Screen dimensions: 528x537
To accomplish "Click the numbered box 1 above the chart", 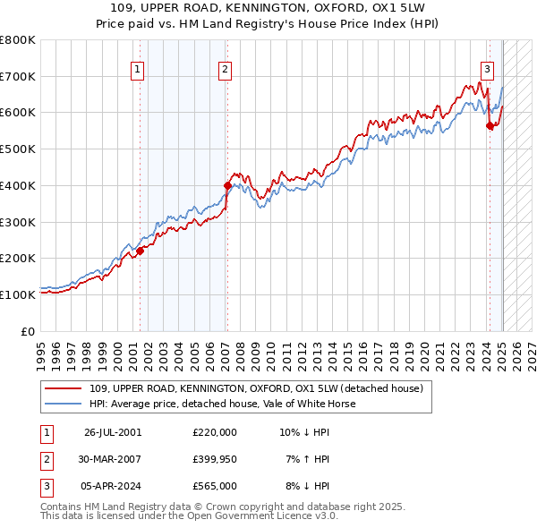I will (138, 70).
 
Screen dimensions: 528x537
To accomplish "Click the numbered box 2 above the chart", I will (225, 70).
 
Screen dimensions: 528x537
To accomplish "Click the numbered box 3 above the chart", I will (487, 70).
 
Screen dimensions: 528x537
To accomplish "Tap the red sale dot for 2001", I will (140, 251).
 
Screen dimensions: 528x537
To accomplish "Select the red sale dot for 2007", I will (227, 185).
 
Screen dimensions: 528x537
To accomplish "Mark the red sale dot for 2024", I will (490, 126).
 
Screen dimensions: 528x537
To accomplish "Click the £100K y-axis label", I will (19, 294).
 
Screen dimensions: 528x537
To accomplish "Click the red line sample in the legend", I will (64, 388).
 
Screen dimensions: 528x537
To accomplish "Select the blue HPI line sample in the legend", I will (64, 404).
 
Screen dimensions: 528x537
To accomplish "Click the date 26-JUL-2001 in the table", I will (113, 431).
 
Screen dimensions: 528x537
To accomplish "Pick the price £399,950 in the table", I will (215, 459).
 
